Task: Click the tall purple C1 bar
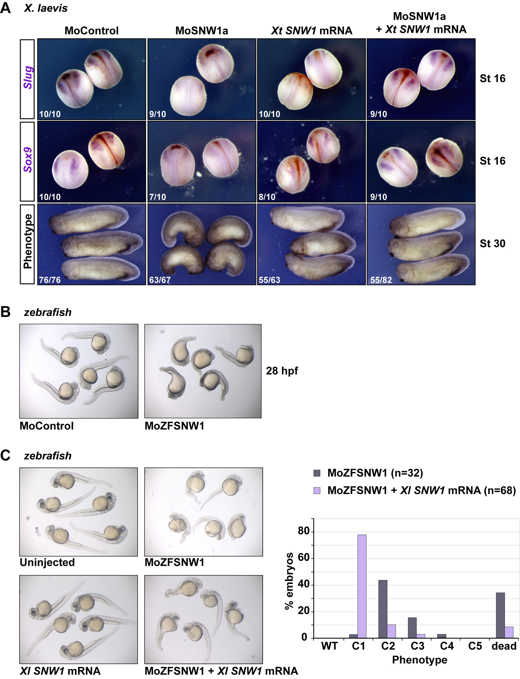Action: (x=362, y=586)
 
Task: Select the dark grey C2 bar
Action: (x=383, y=609)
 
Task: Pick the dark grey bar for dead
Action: (x=500, y=615)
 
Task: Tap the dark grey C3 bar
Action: (x=412, y=628)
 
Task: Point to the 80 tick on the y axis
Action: (x=304, y=531)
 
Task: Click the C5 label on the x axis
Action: (x=475, y=646)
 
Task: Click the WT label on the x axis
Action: (x=329, y=646)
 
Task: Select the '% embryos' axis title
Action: (x=289, y=581)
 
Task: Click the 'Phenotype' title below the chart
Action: (x=419, y=660)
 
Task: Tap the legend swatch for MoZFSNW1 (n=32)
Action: (x=317, y=473)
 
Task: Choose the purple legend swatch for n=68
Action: (x=317, y=490)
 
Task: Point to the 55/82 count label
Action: (x=381, y=280)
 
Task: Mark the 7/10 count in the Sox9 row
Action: (x=158, y=197)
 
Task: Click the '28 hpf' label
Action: (x=282, y=371)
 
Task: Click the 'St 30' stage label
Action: (x=492, y=243)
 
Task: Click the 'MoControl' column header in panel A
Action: (x=92, y=31)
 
